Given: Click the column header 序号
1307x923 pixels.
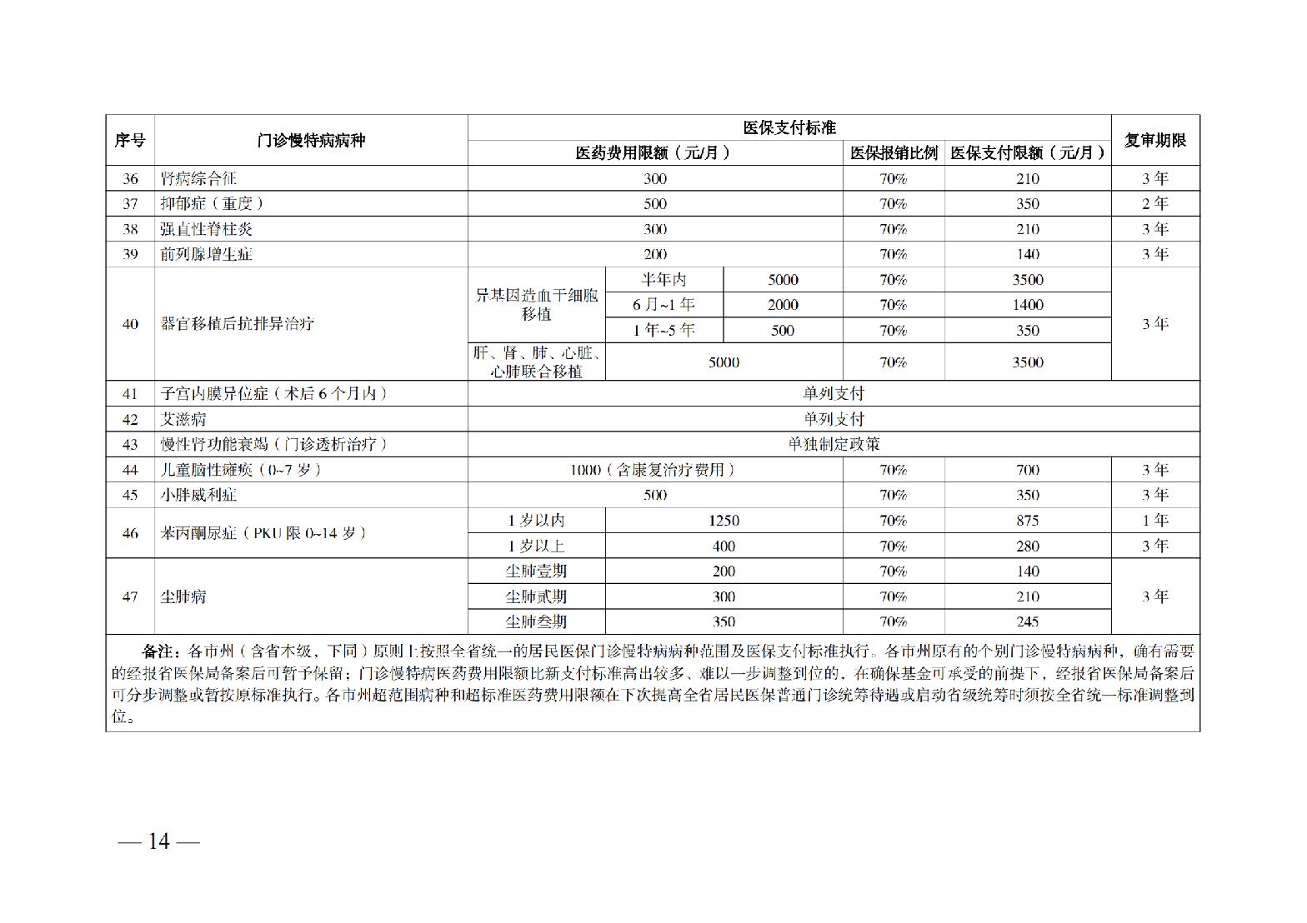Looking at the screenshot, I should pos(130,140).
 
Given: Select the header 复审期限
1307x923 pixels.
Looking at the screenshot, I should pos(1154,140).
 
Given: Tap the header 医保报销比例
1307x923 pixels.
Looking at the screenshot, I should pos(894,152).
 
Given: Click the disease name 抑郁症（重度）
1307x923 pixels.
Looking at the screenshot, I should pos(212,203).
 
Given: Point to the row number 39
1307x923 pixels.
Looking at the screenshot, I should pos(130,254).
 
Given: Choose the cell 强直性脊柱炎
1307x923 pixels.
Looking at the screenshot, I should pos(206,229).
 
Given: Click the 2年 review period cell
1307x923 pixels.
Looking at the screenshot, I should pos(1154,203).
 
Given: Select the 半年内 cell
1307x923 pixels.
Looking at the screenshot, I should pos(664,280).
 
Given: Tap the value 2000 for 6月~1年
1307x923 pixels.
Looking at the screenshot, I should pos(783,305).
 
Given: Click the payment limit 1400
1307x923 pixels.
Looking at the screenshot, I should pos(1027,305).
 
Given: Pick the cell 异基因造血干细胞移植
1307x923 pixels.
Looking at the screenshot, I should pos(537,305).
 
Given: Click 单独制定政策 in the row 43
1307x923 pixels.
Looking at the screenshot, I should pos(834,444).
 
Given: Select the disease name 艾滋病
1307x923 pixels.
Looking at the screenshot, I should pos(183,419).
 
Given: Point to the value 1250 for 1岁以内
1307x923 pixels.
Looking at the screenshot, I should pos(724,521).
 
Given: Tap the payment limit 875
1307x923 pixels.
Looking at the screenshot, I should pos(1027,521).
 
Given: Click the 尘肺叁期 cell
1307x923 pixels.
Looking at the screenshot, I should pos(536,621).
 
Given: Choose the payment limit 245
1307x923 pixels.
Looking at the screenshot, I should pos(1027,621).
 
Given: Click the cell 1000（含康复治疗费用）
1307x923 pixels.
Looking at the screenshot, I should pos(655,470).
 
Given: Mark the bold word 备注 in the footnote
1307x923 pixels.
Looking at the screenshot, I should pos(158,651).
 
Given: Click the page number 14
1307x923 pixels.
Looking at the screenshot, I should pos(158,841).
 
